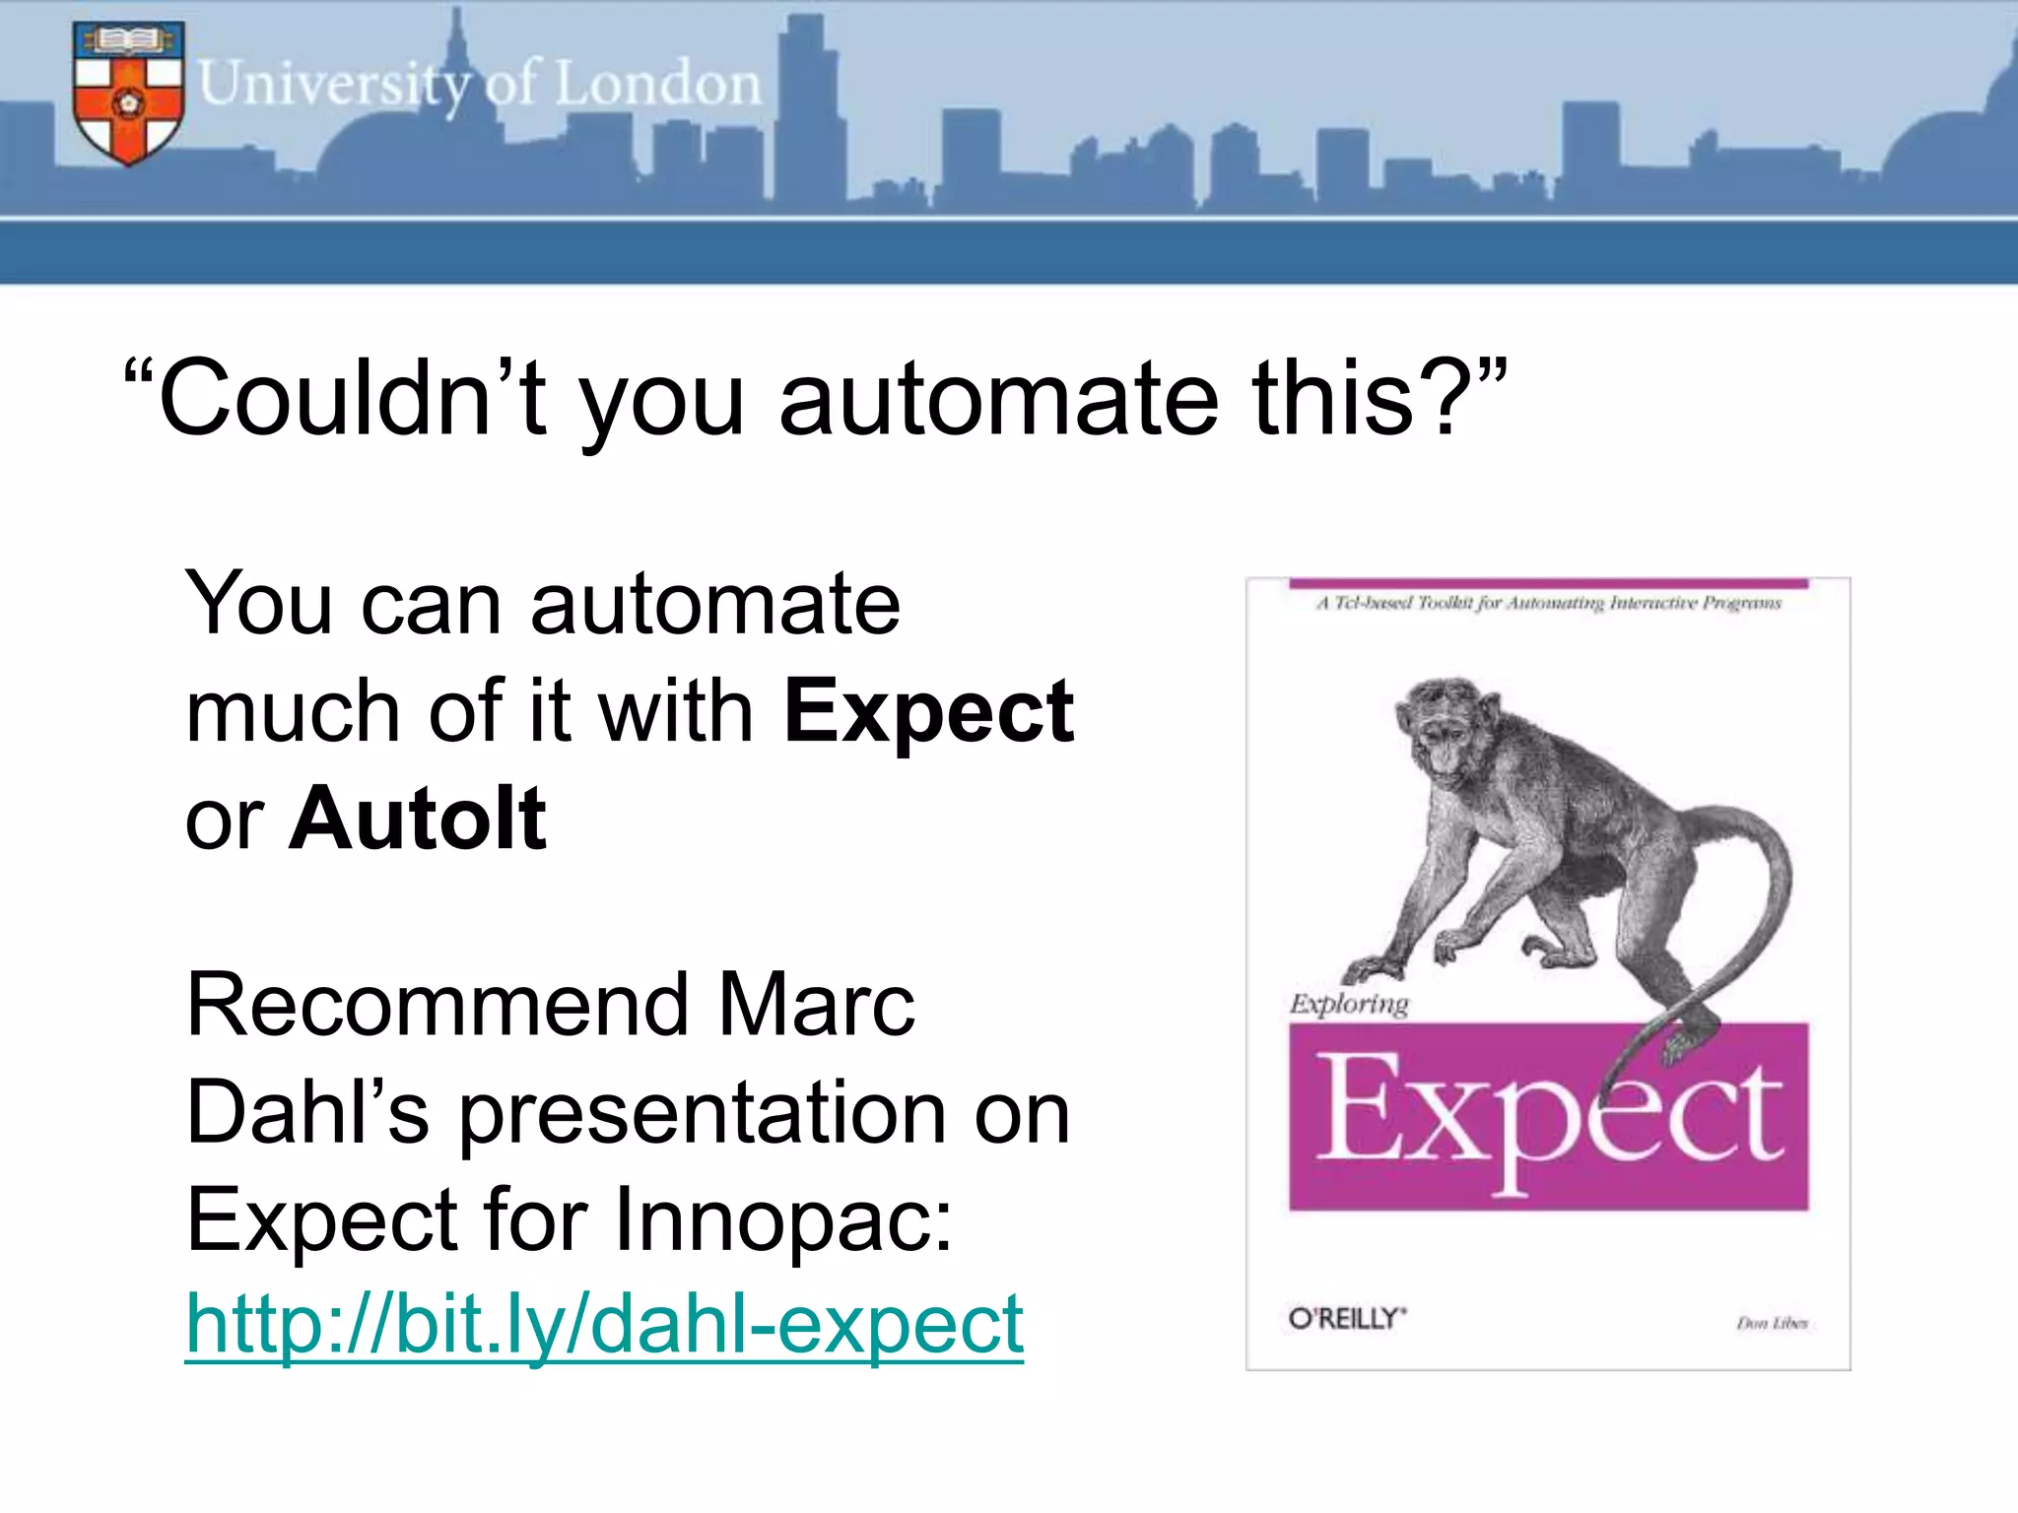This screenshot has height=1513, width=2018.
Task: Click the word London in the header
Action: pos(658,85)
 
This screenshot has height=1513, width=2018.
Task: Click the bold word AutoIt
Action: pos(417,819)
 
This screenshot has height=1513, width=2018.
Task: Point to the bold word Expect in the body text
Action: pos(928,711)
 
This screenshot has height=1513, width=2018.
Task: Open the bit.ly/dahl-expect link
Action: pos(604,1325)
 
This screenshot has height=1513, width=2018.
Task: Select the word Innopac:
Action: pos(783,1219)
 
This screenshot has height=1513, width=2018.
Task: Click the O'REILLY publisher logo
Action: pos(1347,1319)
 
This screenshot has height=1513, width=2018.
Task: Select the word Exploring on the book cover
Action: pos(1349,1004)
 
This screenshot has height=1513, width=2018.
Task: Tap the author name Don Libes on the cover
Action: pos(1772,1323)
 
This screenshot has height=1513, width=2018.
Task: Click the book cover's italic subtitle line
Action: pos(1548,603)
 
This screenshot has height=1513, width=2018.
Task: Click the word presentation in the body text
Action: pos(701,1113)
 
